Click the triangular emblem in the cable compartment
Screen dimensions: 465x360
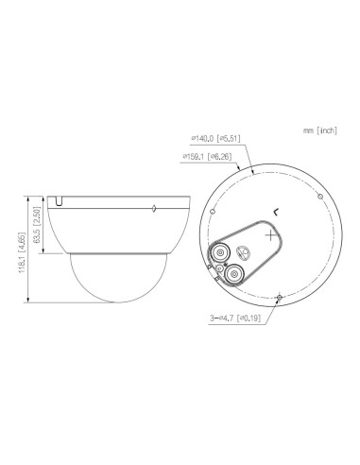coord(244,251)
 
